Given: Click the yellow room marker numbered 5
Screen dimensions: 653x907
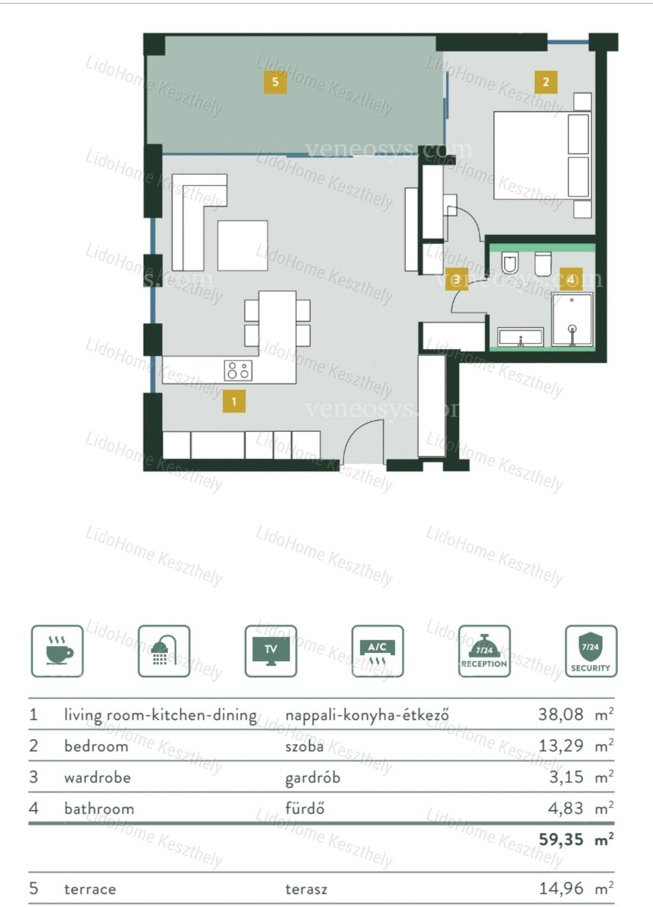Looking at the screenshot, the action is (x=275, y=82).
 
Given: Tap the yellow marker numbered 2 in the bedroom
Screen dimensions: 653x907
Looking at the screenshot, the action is (x=546, y=82).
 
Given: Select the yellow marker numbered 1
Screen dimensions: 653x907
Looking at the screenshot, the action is (x=234, y=401).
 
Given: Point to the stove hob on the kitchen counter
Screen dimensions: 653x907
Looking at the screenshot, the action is (x=238, y=370).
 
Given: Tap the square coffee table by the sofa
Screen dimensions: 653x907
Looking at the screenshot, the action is (x=243, y=245).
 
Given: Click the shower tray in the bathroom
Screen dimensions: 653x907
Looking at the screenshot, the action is (x=572, y=319).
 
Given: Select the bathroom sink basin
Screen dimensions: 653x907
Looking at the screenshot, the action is (x=520, y=337).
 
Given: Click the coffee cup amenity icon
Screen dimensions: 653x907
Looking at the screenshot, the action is (x=57, y=651).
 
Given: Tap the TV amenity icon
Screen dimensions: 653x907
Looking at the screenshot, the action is (x=271, y=651).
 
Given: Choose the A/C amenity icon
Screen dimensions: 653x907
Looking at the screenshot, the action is (x=377, y=651).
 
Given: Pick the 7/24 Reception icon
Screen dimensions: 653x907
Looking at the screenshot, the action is (x=484, y=651).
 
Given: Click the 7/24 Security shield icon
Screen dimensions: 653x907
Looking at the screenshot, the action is (x=591, y=651).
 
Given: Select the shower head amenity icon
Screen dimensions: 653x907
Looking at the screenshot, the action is (x=164, y=651).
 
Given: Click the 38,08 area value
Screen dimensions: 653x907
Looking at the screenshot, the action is (x=561, y=714).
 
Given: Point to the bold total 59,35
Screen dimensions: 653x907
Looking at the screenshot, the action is (x=562, y=839).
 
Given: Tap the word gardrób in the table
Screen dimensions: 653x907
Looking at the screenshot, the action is (x=313, y=778).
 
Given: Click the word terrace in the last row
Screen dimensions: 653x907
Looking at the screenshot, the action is (x=90, y=890).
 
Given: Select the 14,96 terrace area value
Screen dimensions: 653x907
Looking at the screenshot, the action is (x=562, y=889).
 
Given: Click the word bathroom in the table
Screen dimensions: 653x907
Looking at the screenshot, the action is (x=99, y=809).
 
